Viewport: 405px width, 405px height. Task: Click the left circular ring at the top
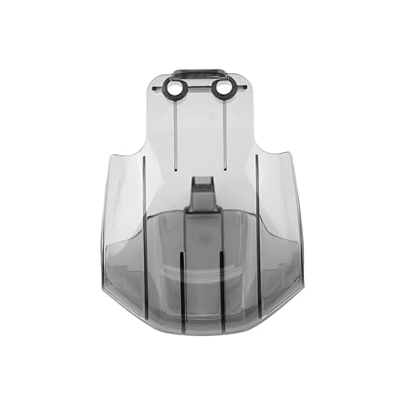[x=174, y=87]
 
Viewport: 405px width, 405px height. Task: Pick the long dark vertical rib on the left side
[x=145, y=235]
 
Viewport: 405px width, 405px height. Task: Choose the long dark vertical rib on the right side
[x=257, y=235]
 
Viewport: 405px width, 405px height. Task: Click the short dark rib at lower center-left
[x=181, y=288]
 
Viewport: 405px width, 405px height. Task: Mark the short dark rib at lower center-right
[x=222, y=288]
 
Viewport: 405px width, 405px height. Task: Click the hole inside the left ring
[x=174, y=87]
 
